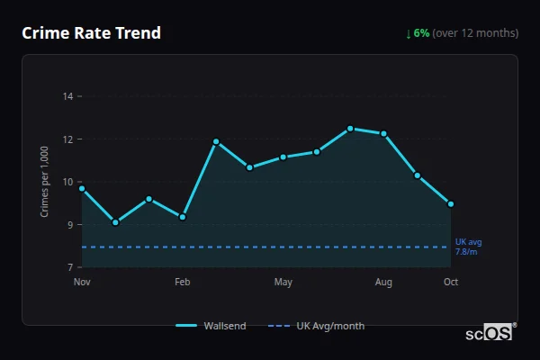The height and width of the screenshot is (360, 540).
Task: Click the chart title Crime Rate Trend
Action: point(92,33)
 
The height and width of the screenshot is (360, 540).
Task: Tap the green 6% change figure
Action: point(421,33)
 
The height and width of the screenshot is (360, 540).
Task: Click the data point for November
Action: point(82,188)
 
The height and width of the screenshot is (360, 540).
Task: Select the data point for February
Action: point(183,217)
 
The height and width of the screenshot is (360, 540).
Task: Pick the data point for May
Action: point(283,157)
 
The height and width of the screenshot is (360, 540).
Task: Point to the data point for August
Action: point(384,133)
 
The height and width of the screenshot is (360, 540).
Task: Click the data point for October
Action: point(451,203)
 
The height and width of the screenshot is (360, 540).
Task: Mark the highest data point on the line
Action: point(350,129)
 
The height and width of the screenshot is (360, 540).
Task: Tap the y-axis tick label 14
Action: point(68,95)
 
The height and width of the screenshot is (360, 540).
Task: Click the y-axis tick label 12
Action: point(68,139)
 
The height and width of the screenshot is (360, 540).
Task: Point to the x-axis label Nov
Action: point(82,283)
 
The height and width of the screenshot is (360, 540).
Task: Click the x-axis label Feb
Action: point(183,283)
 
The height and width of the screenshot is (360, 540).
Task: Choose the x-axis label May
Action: point(283,283)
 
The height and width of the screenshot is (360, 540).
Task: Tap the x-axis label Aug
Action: point(384,283)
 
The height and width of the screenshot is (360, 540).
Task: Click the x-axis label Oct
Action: point(451,283)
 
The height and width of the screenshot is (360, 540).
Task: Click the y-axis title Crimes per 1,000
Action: point(44,182)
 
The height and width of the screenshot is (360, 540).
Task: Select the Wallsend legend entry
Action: point(211,326)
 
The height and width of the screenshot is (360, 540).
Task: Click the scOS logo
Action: point(490,332)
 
